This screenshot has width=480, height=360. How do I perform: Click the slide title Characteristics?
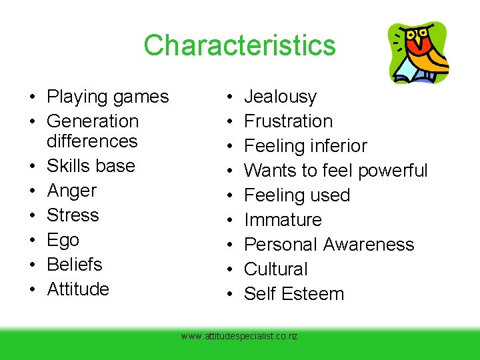(x=239, y=45)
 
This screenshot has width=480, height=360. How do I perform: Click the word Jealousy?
(x=280, y=97)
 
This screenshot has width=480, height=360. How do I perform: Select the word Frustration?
(x=288, y=121)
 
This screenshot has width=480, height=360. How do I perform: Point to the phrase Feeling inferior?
(x=305, y=146)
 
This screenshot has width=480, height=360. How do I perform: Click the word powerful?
(x=393, y=171)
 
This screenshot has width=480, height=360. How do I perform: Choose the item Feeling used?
(x=297, y=195)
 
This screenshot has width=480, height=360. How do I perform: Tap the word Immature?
(x=283, y=220)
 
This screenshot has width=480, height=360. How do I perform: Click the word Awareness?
(x=369, y=245)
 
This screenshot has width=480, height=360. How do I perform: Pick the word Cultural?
(x=276, y=269)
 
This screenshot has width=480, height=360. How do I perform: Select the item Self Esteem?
(x=294, y=294)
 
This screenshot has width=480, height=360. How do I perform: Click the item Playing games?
(x=108, y=97)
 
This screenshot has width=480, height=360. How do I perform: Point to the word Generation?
(x=93, y=121)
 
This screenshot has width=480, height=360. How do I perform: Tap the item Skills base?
(x=91, y=166)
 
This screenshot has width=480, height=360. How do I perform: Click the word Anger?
(x=72, y=191)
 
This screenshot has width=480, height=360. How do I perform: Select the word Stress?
(x=73, y=215)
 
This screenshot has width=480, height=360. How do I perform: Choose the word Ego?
(x=63, y=240)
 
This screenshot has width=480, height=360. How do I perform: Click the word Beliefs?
(x=75, y=265)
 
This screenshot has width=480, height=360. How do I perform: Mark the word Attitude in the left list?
(x=78, y=289)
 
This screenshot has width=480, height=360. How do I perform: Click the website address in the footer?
(x=239, y=337)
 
